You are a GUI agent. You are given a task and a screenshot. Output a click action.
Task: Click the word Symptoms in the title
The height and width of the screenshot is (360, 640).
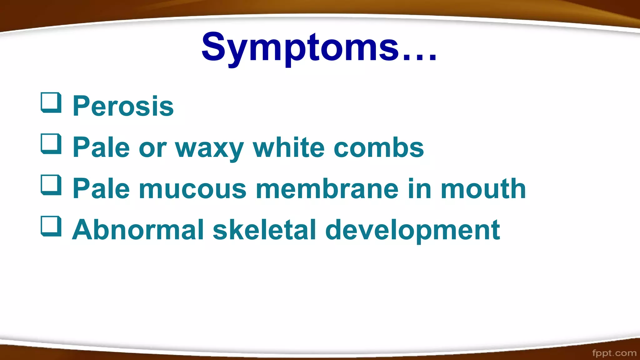click(300, 47)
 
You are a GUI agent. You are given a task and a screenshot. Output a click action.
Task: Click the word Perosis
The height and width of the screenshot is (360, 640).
click(123, 106)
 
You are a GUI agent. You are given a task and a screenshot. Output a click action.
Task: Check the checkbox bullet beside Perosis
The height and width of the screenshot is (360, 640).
click(51, 102)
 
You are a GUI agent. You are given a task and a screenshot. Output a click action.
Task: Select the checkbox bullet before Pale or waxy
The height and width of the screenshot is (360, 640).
click(51, 144)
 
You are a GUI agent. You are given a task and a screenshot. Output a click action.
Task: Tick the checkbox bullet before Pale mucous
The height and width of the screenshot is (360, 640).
click(51, 185)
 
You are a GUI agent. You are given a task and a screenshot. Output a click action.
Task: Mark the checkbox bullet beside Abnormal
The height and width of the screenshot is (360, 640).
click(51, 226)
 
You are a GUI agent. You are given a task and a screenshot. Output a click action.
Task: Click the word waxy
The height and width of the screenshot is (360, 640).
click(209, 148)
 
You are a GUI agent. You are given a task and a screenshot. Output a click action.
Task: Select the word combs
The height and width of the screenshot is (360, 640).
click(378, 147)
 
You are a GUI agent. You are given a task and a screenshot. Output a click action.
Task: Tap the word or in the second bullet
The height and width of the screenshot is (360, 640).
click(152, 148)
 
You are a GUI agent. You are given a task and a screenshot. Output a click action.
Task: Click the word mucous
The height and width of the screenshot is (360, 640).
click(192, 189)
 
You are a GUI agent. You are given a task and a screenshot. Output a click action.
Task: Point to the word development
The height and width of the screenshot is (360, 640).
click(412, 231)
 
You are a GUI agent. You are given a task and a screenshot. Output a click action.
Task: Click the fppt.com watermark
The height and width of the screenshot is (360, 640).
click(614, 353)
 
